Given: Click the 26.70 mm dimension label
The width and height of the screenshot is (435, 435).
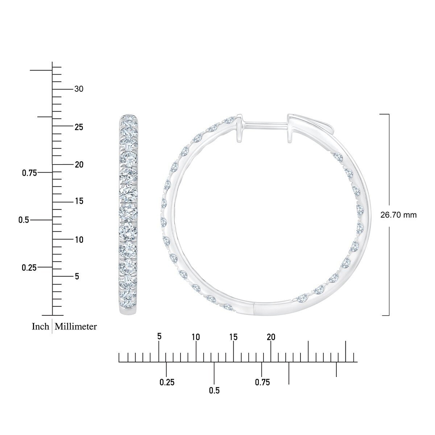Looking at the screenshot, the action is pyautogui.click(x=398, y=215).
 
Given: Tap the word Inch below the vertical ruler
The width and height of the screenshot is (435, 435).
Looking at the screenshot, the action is pyautogui.click(x=40, y=327).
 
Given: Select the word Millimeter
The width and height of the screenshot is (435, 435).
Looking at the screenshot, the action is pyautogui.click(x=76, y=327).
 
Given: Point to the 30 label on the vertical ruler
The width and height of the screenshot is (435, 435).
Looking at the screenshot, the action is pyautogui.click(x=79, y=89).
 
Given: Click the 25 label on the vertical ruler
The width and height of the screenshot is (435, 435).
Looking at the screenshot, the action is pyautogui.click(x=79, y=127).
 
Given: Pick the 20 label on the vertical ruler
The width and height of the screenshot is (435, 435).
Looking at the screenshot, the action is pyautogui.click(x=79, y=165).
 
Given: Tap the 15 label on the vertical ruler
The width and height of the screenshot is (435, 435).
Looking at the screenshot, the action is pyautogui.click(x=79, y=201).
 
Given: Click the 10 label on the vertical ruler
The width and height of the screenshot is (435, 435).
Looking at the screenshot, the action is pyautogui.click(x=79, y=240).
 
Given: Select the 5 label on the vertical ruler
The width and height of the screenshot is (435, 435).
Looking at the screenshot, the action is pyautogui.click(x=77, y=276).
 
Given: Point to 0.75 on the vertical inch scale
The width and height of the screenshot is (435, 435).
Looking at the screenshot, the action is pyautogui.click(x=29, y=173).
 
